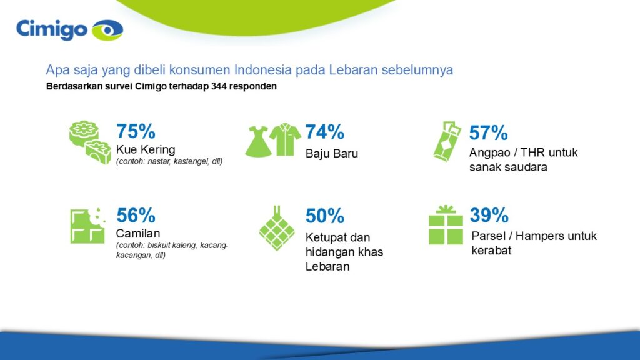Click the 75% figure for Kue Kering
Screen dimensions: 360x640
pyautogui.click(x=136, y=131)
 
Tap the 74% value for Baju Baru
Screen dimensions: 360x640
pyautogui.click(x=324, y=132)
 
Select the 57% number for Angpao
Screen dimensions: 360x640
pyautogui.click(x=488, y=132)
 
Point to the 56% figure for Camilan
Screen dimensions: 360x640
pyautogui.click(x=136, y=215)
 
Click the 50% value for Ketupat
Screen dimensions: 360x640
pyautogui.click(x=324, y=216)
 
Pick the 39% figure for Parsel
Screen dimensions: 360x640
pyautogui.click(x=488, y=215)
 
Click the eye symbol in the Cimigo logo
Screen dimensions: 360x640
pyautogui.click(x=107, y=29)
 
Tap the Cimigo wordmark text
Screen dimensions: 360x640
pyautogui.click(x=52, y=29)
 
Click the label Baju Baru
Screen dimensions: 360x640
pyautogui.click(x=332, y=153)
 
